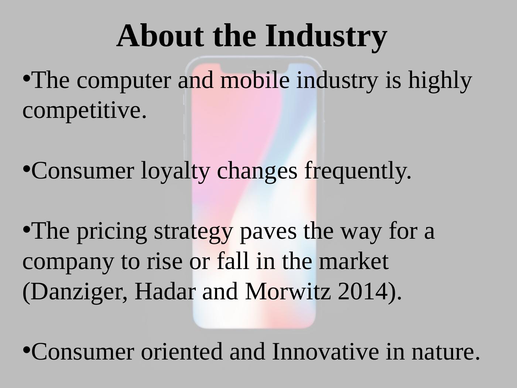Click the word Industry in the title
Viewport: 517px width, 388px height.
(326, 37)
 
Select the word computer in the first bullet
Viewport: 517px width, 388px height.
(123, 82)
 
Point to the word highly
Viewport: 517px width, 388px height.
(440, 81)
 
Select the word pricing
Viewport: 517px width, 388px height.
(112, 232)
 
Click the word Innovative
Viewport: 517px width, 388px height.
(325, 351)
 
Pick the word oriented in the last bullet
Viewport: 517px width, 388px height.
(182, 351)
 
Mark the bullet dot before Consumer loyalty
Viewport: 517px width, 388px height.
(26, 169)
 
